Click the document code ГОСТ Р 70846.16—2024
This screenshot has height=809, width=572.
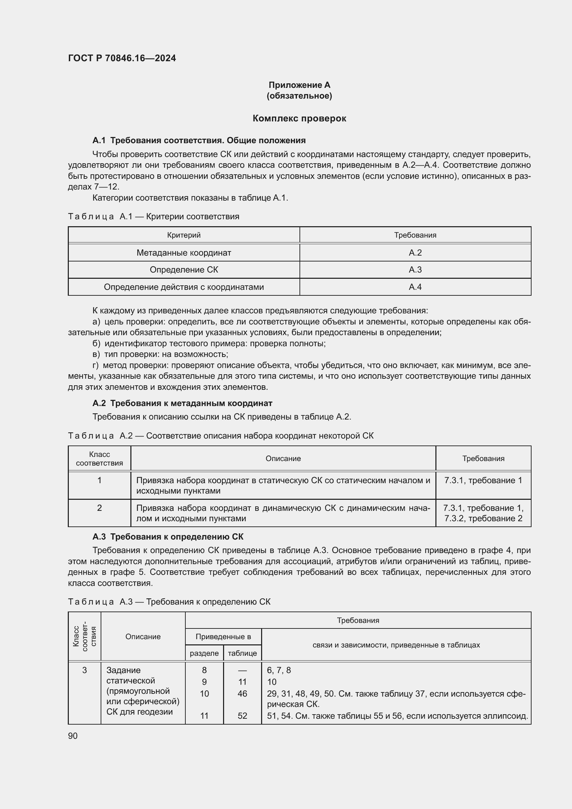(x=122, y=58)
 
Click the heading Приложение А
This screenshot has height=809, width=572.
(x=299, y=85)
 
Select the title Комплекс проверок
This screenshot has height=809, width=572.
(x=299, y=118)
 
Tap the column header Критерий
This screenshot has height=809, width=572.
(x=184, y=235)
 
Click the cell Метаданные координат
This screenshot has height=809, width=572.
(x=184, y=252)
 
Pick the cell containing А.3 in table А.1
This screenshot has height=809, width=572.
(x=415, y=269)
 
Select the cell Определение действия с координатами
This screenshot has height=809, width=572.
(x=184, y=287)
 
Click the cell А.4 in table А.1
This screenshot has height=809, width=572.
(x=415, y=287)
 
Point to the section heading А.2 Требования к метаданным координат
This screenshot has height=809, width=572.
(x=182, y=403)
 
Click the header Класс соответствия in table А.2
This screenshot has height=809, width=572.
(x=99, y=458)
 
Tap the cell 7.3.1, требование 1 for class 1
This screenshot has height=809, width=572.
(x=483, y=480)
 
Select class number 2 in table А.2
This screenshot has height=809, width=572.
(x=99, y=508)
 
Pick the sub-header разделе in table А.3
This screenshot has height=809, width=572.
(x=204, y=653)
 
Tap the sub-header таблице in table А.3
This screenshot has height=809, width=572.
(x=242, y=653)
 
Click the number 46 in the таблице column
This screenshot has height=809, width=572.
(x=242, y=693)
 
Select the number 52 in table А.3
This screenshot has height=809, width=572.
(x=242, y=716)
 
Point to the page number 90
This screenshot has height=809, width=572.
(x=73, y=736)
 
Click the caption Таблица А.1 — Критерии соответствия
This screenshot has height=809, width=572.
(x=153, y=216)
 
